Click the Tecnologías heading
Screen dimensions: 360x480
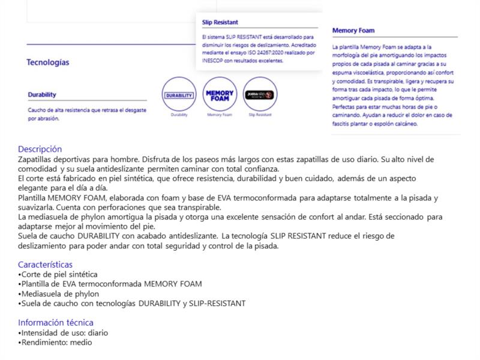point(47,62)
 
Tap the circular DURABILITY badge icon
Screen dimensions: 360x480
point(179,95)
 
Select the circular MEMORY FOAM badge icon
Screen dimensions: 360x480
point(220,95)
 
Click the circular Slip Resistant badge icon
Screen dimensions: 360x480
point(260,95)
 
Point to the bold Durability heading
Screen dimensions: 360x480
point(42,95)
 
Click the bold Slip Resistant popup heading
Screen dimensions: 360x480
point(220,23)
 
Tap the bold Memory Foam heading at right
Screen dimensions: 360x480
point(354,30)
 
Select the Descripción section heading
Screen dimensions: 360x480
point(40,149)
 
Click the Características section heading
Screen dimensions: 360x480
point(46,264)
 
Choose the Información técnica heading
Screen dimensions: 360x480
point(56,322)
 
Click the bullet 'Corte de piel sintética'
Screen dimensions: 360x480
point(59,274)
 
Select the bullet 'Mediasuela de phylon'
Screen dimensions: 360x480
point(60,294)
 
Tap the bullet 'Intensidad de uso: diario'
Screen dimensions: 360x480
point(64,332)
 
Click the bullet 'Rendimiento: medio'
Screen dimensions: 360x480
point(56,342)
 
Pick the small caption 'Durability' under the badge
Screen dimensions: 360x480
point(179,115)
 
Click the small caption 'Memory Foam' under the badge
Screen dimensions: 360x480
point(220,115)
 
